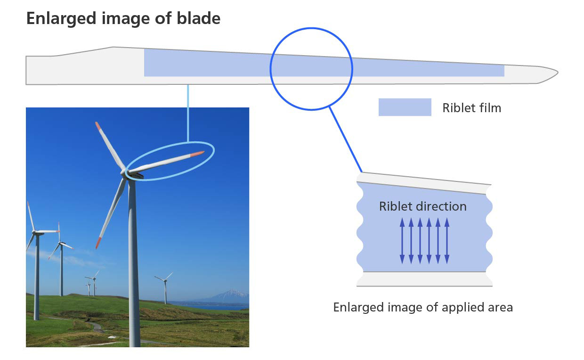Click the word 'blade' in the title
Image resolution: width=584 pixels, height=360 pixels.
tap(198, 18)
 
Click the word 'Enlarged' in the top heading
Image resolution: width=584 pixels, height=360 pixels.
tap(62, 19)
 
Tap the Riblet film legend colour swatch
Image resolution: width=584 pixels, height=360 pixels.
tap(405, 107)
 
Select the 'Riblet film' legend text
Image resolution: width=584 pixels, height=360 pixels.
tap(471, 108)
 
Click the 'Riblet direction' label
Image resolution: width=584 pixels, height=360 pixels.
tap(422, 206)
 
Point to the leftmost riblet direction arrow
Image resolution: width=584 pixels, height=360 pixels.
tap(402, 240)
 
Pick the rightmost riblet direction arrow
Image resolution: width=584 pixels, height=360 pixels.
tap(447, 240)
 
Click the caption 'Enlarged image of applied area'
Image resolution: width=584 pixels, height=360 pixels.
tap(423, 307)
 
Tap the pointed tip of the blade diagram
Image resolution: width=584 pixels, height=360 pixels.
tap(558, 73)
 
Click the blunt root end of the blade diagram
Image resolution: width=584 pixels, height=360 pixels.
tap(26, 70)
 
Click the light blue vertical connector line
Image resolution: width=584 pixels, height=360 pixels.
tap(188, 113)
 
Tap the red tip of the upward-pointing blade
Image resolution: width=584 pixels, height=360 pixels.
tap(98, 126)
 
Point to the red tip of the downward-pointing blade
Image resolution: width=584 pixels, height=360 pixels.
tap(98, 243)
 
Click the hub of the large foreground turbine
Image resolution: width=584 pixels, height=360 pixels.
tap(125, 173)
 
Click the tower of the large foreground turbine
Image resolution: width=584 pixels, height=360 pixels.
tap(133, 261)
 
